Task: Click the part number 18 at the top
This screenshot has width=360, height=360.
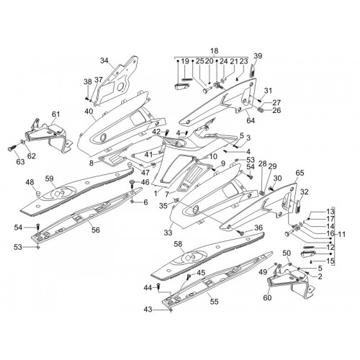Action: click(214, 51)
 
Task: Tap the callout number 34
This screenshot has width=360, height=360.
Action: click(104, 60)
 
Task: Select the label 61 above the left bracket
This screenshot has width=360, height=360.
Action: click(55, 114)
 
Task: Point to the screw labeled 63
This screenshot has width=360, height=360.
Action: click(12, 149)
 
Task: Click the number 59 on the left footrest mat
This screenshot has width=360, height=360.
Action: click(49, 179)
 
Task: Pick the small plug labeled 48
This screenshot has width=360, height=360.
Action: click(37, 193)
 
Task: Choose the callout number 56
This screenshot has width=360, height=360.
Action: click(96, 230)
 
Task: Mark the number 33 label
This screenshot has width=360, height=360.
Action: click(168, 233)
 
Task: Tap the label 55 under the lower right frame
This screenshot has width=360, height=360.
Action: click(214, 302)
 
